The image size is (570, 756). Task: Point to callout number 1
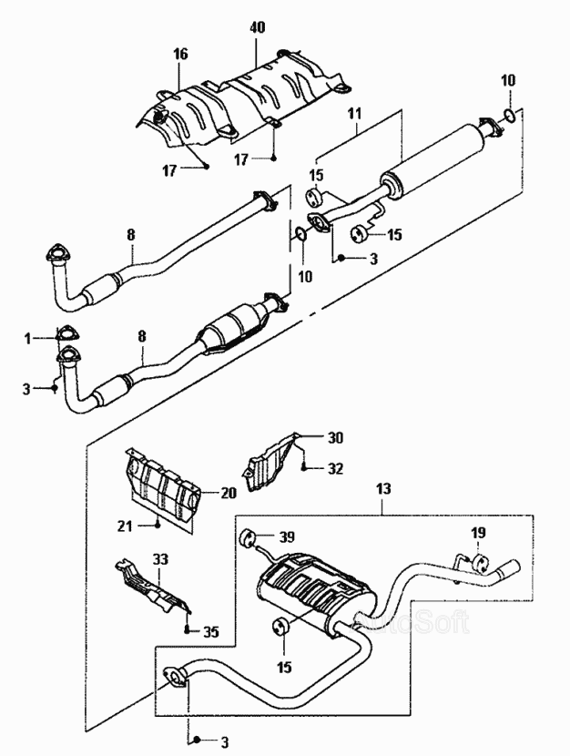29,338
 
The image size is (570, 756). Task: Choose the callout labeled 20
228,494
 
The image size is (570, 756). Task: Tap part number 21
125,526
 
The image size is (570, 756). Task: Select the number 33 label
160,558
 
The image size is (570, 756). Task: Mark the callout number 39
287,536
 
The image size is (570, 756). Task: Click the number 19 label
479,532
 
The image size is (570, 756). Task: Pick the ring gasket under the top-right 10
511,116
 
